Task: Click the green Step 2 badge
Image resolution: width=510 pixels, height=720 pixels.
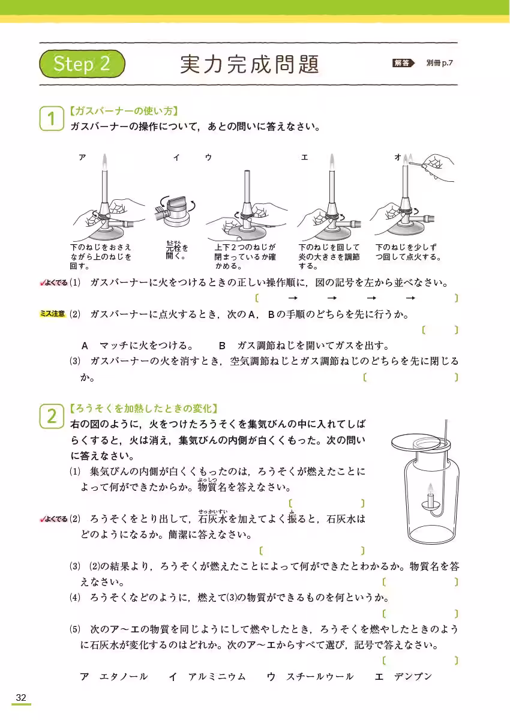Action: point(83,64)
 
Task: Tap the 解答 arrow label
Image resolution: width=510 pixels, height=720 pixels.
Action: point(403,62)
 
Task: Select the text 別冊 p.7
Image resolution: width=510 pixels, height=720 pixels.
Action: point(440,62)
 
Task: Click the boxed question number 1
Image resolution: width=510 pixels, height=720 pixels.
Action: point(52,118)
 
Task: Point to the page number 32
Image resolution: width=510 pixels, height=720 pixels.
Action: point(21,697)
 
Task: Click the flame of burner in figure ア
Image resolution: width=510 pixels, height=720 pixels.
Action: point(104,160)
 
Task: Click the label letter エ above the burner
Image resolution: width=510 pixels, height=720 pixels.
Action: point(305,157)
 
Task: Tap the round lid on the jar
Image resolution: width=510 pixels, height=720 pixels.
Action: point(420,442)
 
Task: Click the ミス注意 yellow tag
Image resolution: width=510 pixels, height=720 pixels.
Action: point(52,314)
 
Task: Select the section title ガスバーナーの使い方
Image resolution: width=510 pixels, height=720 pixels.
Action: point(125,111)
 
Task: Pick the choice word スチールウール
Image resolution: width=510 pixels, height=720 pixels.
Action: point(320,677)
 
